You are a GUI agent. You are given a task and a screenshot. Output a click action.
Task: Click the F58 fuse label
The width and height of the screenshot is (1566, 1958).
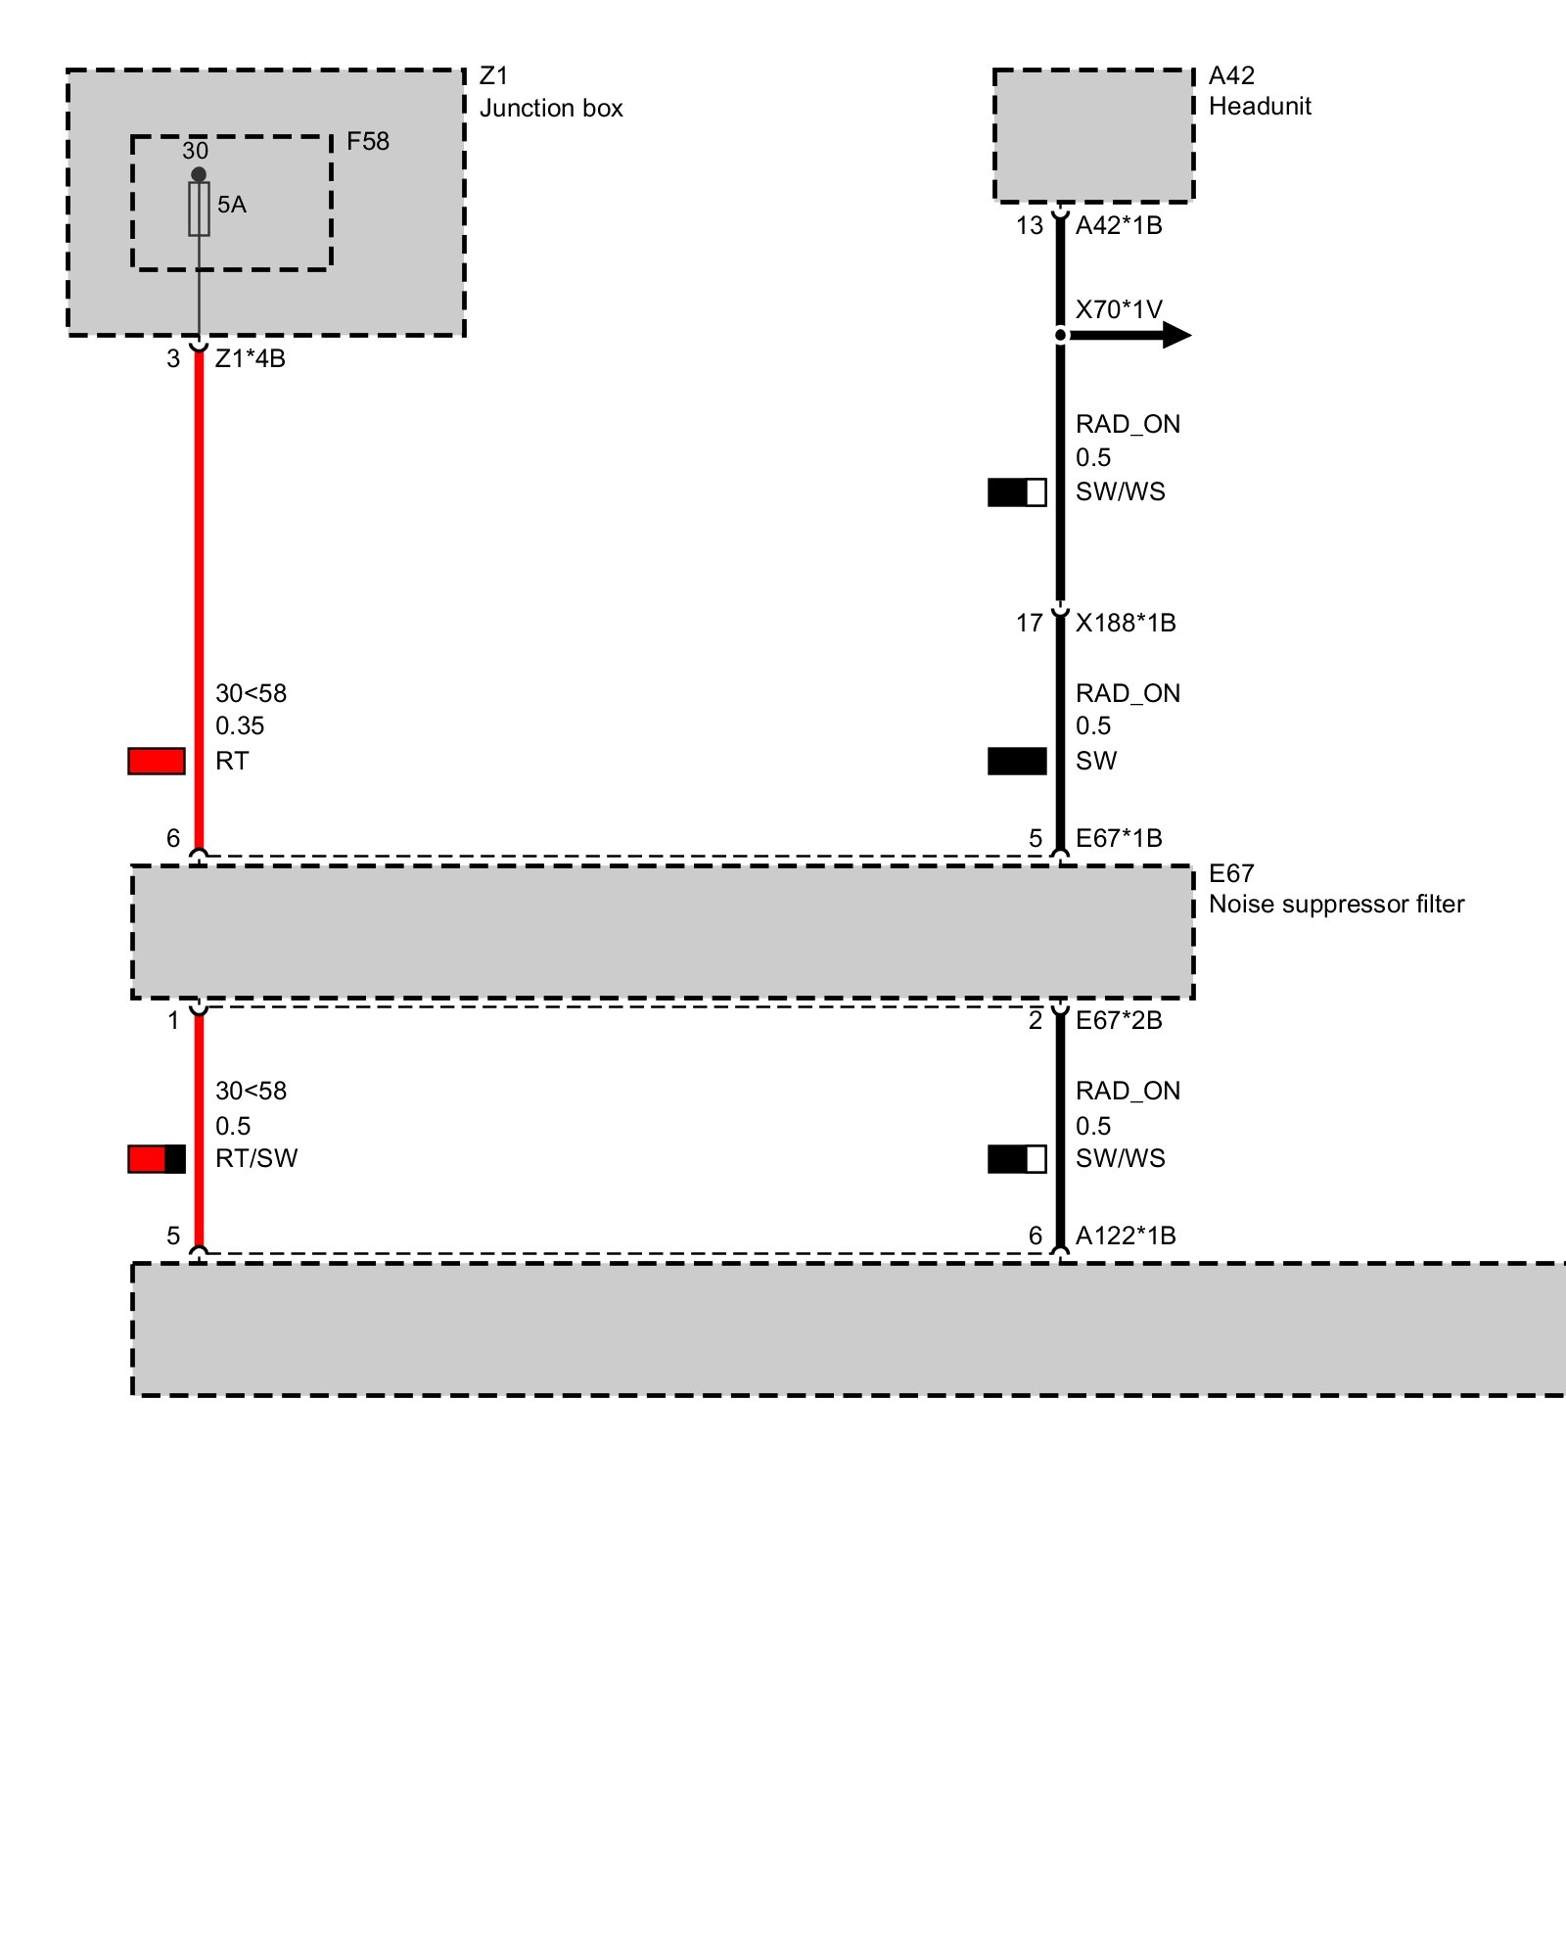(x=367, y=142)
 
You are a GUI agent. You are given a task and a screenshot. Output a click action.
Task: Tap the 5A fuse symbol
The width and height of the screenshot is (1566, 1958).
(x=199, y=209)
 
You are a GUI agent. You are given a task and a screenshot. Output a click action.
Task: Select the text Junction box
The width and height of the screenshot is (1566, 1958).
(x=551, y=109)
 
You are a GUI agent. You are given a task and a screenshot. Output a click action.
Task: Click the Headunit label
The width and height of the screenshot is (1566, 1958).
(x=1260, y=107)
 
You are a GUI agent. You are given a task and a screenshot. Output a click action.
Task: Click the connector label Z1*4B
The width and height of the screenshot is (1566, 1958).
(x=251, y=359)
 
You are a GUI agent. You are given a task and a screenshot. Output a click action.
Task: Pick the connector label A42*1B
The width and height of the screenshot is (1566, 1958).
(x=1119, y=226)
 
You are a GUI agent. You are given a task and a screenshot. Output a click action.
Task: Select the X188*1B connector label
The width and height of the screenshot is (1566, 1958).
(x=1126, y=624)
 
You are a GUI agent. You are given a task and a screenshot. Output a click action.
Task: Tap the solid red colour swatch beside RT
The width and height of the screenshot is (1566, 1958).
(x=157, y=761)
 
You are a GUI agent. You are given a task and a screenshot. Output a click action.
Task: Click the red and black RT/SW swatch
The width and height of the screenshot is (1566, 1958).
(x=157, y=1159)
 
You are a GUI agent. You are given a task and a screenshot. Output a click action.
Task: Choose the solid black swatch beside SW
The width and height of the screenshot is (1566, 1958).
(x=1017, y=761)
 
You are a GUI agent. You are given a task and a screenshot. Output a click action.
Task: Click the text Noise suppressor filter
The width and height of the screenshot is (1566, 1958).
(x=1336, y=905)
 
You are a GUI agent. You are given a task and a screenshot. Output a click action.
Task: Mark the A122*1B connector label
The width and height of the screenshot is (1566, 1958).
(x=1126, y=1236)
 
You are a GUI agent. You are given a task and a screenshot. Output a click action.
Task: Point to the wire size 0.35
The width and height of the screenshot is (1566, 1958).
(x=240, y=726)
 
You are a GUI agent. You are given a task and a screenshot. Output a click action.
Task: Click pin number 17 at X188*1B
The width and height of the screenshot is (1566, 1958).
(x=1029, y=624)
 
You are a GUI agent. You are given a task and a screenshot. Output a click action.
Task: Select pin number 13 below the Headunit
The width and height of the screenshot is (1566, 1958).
(x=1029, y=226)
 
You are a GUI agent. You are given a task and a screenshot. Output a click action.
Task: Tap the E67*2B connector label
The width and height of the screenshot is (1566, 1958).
(x=1119, y=1021)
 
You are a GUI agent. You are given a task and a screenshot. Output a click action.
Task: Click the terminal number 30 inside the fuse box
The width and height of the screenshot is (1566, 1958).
(x=195, y=151)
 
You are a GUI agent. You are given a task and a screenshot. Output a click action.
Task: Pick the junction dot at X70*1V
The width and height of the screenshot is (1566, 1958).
(x=1060, y=336)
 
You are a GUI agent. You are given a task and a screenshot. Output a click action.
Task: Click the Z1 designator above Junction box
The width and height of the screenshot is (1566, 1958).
(x=493, y=76)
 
